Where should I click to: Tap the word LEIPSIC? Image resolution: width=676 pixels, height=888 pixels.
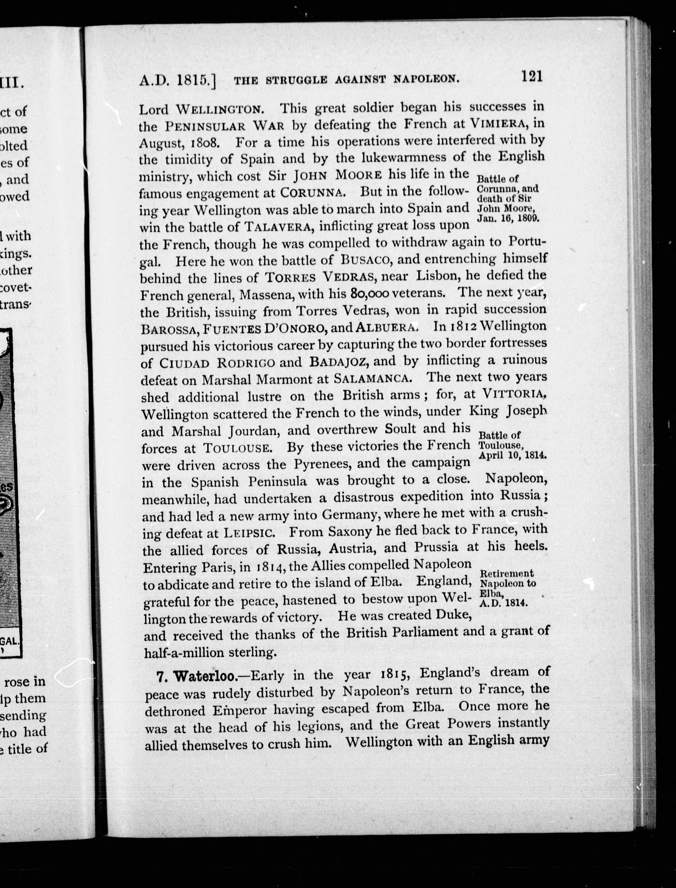click(250, 533)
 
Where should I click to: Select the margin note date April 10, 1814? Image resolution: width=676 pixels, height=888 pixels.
click(511, 455)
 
